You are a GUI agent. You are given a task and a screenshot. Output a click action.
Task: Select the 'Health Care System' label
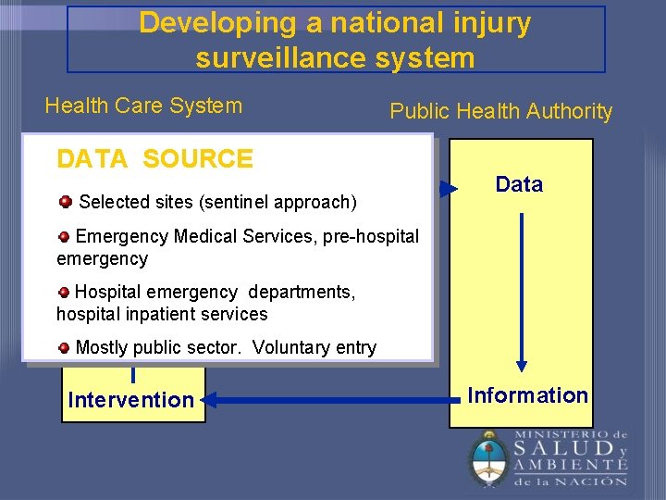[x=143, y=106]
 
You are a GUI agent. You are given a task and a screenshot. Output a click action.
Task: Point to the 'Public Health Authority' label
[x=500, y=111]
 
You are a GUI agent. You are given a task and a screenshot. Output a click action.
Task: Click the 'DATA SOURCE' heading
[x=154, y=159]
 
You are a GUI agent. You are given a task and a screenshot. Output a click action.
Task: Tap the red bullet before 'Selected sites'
[x=66, y=201]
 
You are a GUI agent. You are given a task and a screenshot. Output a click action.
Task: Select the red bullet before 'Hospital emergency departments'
[x=64, y=292]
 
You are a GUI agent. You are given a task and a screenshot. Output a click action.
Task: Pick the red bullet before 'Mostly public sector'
[x=64, y=348]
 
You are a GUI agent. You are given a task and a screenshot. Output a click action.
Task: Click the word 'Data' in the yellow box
[x=519, y=184]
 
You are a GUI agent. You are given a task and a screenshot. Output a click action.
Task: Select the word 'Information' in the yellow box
[x=527, y=395]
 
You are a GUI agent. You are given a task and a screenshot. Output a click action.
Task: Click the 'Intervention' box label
[x=130, y=400]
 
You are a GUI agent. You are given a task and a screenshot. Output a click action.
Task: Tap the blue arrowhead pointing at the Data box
[x=448, y=190]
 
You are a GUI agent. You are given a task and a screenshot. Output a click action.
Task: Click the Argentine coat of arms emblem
[x=487, y=459]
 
